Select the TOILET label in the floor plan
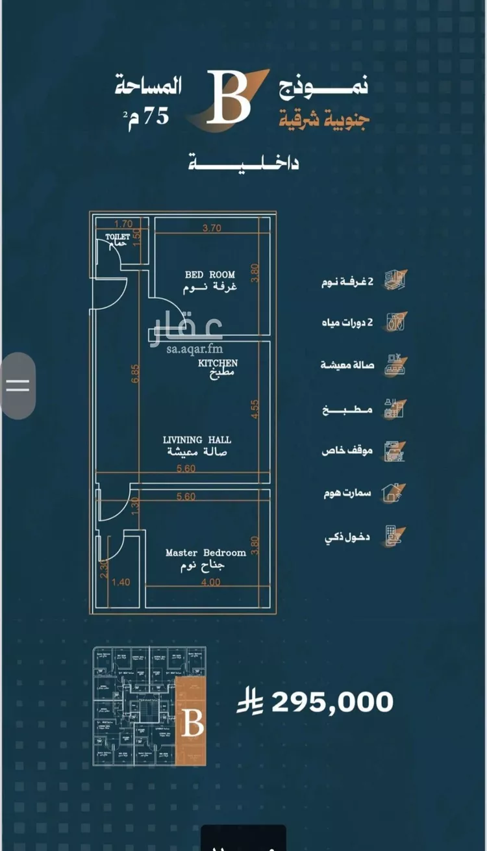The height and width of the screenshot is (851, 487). [118, 237]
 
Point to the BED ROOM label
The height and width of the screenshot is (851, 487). [210, 275]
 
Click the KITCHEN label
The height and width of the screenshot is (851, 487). [218, 363]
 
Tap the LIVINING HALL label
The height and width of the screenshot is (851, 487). [197, 440]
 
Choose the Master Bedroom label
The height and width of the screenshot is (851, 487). [206, 553]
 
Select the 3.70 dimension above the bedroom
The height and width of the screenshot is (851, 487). [212, 228]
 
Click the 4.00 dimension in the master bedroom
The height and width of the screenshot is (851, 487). [210, 582]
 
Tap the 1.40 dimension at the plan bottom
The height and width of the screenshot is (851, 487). [120, 582]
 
